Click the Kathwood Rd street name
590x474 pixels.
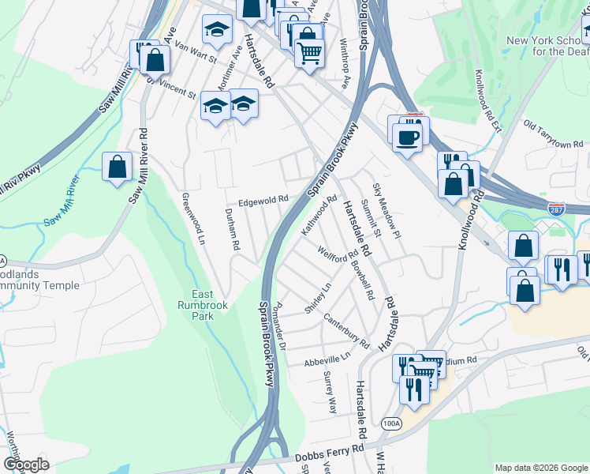coord(319,216)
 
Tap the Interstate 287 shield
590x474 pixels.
coord(556,209)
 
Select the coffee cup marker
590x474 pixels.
coord(407,138)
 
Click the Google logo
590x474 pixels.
coord(26,465)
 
